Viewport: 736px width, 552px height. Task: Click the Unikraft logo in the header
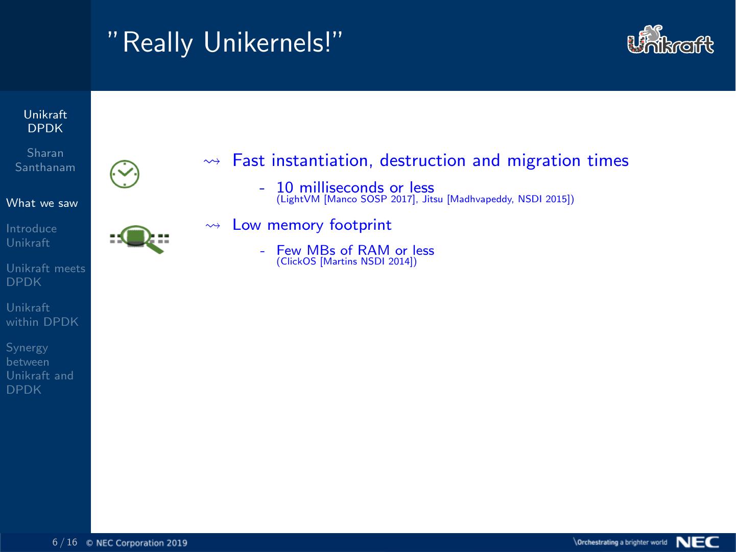[x=670, y=41]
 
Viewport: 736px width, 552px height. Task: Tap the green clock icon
[x=125, y=174]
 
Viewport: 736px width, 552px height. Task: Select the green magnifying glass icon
[x=139, y=238]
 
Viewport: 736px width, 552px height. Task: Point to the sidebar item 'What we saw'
[x=42, y=203]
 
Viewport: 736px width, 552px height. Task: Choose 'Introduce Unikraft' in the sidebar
[x=32, y=236]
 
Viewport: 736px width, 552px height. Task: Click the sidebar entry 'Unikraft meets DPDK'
[x=45, y=275]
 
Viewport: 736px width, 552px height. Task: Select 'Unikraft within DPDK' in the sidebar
[x=42, y=315]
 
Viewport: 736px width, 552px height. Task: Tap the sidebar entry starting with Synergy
[x=40, y=369]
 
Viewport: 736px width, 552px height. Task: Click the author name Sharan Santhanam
[x=45, y=160]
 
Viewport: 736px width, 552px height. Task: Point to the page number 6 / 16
[x=65, y=542]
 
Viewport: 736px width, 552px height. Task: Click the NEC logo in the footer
[x=697, y=542]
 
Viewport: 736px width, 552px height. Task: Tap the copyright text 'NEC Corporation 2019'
[x=141, y=543]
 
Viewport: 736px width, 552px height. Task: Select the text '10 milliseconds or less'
[x=355, y=187]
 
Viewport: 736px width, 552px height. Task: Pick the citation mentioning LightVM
[x=425, y=199]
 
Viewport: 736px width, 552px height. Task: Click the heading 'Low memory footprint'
[x=312, y=225]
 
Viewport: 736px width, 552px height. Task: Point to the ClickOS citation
[x=346, y=262]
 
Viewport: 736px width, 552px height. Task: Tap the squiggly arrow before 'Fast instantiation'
[x=212, y=161]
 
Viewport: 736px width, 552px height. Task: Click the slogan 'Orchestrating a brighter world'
[x=621, y=542]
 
